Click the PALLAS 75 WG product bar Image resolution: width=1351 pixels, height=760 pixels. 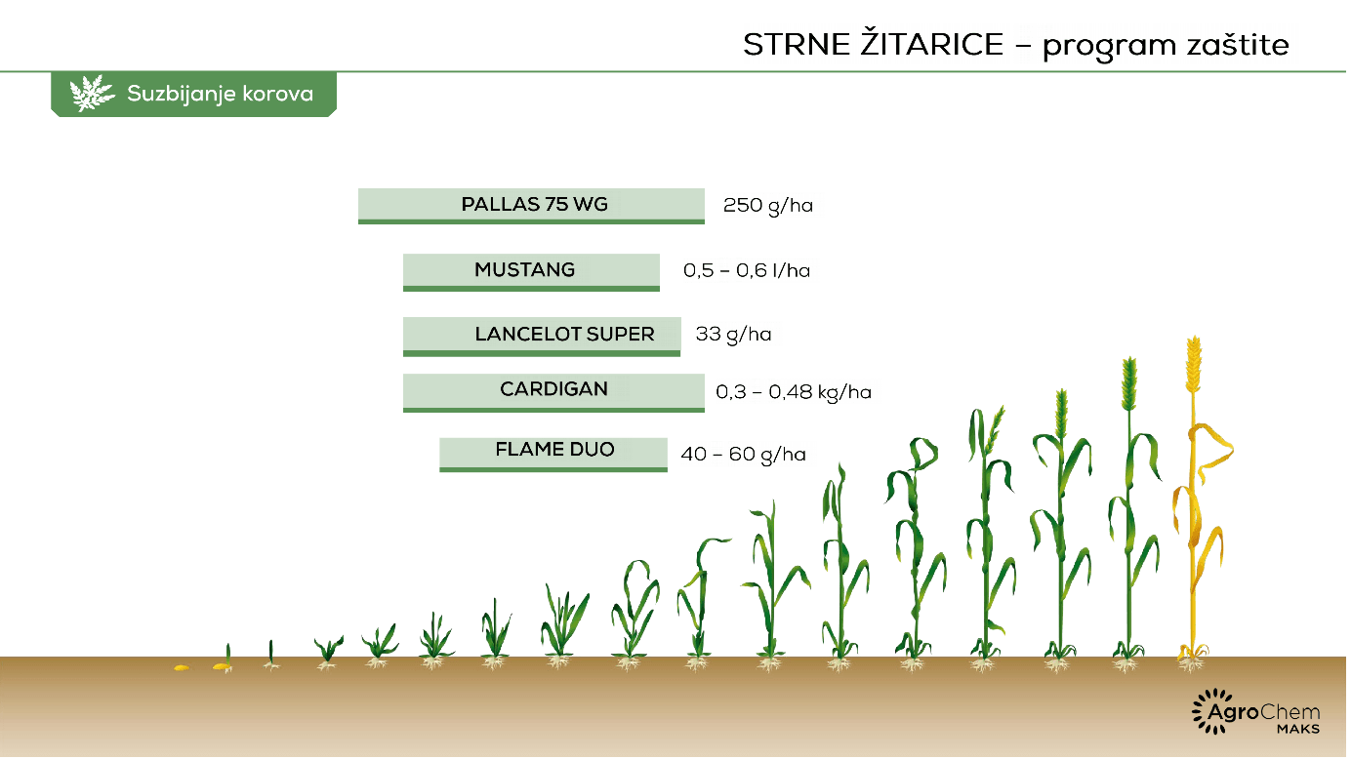pyautogui.click(x=531, y=206)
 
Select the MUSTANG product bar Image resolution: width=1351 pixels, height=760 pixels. pyautogui.click(x=531, y=272)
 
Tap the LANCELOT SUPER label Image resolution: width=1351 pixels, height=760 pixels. pyautogui.click(x=564, y=334)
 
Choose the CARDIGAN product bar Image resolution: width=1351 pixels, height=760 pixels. pyautogui.click(x=553, y=392)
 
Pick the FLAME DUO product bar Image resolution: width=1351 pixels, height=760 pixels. pyautogui.click(x=553, y=455)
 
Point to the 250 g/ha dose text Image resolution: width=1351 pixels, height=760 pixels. pyautogui.click(x=768, y=206)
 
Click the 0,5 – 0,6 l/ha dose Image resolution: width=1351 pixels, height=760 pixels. pyautogui.click(x=747, y=270)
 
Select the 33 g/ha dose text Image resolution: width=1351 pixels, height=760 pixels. pyautogui.click(x=733, y=335)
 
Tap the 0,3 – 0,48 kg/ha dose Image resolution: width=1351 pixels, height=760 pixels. pyautogui.click(x=793, y=393)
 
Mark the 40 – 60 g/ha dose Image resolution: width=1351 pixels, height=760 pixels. pyautogui.click(x=743, y=455)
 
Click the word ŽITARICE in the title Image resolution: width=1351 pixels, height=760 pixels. pyautogui.click(x=932, y=43)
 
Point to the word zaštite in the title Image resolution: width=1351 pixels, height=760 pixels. pyautogui.click(x=1238, y=45)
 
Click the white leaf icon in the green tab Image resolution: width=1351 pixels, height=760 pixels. pyautogui.click(x=92, y=94)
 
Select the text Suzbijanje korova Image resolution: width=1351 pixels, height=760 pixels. pyautogui.click(x=221, y=94)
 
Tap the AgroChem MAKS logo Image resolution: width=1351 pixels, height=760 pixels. pyautogui.click(x=1256, y=712)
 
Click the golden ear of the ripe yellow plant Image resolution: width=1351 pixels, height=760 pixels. pyautogui.click(x=1194, y=364)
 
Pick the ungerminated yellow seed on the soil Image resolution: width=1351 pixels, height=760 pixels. pyautogui.click(x=182, y=667)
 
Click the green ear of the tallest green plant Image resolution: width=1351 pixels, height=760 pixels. pyautogui.click(x=1129, y=383)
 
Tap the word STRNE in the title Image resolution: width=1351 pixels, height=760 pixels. pyautogui.click(x=797, y=45)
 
